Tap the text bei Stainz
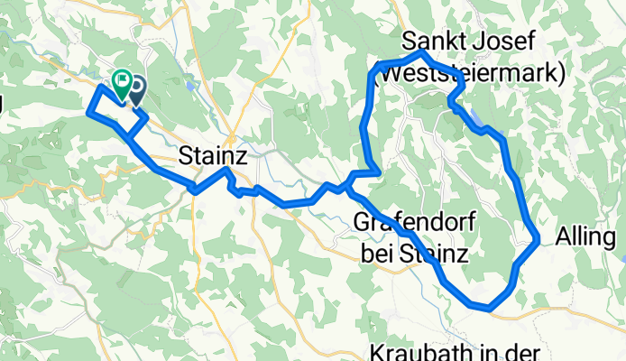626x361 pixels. coord(414,255)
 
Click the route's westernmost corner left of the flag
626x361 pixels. coord(87,112)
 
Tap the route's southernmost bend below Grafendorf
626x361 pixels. coord(487,308)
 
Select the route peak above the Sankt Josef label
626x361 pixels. coord(422,53)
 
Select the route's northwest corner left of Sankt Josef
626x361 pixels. coord(373,69)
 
